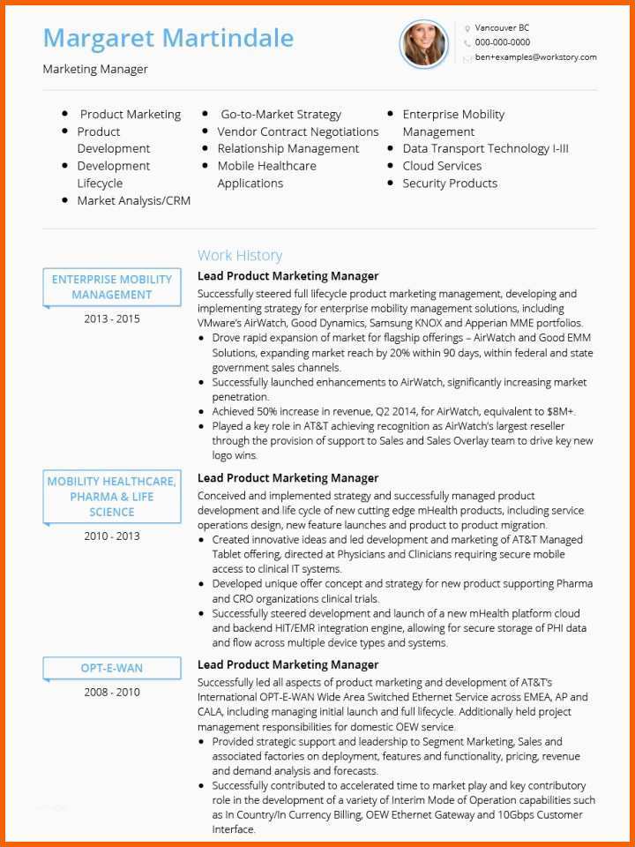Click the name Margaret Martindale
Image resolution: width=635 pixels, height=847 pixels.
click(168, 39)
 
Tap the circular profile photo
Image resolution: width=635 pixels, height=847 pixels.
click(424, 44)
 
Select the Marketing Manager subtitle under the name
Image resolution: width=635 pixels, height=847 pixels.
click(95, 69)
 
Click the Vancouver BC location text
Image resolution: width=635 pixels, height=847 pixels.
click(502, 28)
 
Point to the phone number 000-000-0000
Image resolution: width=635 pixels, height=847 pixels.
click(503, 42)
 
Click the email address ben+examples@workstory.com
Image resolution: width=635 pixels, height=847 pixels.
click(535, 57)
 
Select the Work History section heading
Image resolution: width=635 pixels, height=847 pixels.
click(240, 256)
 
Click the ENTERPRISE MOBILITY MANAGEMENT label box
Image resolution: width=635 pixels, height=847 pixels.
click(112, 288)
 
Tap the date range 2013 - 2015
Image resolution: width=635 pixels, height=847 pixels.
click(112, 319)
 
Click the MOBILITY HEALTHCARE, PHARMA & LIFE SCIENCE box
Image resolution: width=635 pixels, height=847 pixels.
click(112, 497)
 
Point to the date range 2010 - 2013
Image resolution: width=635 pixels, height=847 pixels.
click(112, 536)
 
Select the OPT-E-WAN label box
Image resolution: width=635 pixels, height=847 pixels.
click(112, 668)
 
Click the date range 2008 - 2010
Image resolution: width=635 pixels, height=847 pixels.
click(112, 693)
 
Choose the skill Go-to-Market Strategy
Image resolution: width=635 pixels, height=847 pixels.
click(280, 115)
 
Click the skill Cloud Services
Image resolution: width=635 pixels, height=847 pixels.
click(442, 166)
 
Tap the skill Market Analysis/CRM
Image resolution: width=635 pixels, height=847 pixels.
click(134, 201)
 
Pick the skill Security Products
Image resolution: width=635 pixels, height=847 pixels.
click(450, 184)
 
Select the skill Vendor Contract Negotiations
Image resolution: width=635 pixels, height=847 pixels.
click(298, 131)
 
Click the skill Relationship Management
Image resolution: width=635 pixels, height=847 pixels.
click(288, 149)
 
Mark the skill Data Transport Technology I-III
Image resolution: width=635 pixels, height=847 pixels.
click(485, 149)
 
